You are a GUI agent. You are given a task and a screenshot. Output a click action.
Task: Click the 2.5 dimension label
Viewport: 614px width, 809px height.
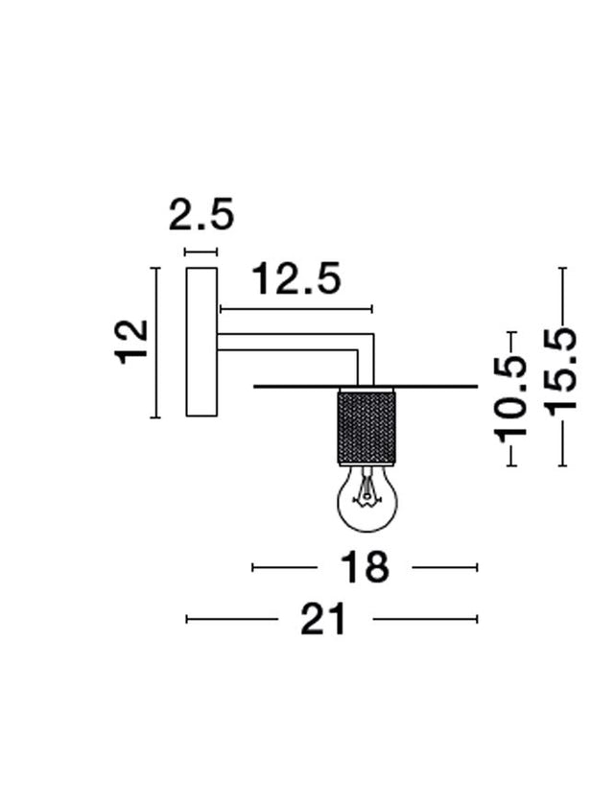click(201, 215)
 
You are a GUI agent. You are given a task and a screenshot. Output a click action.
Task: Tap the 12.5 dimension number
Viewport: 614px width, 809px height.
click(295, 279)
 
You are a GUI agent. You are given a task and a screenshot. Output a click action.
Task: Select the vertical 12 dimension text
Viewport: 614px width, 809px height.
click(132, 341)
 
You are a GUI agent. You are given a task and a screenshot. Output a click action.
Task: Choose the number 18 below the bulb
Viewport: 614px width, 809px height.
click(365, 568)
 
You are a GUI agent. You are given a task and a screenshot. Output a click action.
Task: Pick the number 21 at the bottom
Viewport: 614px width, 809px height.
click(323, 620)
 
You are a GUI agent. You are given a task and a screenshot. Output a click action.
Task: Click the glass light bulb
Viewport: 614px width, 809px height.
click(366, 500)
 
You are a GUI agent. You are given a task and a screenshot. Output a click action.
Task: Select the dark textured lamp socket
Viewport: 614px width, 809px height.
click(366, 426)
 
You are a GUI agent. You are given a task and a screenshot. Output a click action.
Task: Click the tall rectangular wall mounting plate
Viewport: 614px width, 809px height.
click(201, 342)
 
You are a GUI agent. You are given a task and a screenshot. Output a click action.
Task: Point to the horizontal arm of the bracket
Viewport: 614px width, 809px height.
click(288, 341)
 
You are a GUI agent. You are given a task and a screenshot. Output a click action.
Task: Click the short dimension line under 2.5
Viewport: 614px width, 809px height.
click(201, 252)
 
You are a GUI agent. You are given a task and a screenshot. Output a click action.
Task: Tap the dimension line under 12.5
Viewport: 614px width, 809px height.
click(295, 309)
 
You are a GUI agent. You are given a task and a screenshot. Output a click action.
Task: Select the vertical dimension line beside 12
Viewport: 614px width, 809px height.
click(154, 342)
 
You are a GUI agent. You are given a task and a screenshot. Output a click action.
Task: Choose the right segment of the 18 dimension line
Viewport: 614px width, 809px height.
click(444, 568)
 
